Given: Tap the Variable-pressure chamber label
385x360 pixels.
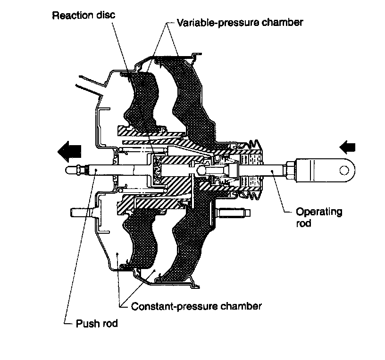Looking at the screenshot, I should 240,22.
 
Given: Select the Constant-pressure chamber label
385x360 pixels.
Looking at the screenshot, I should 196,306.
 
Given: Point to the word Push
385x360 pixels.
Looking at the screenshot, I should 85,324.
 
